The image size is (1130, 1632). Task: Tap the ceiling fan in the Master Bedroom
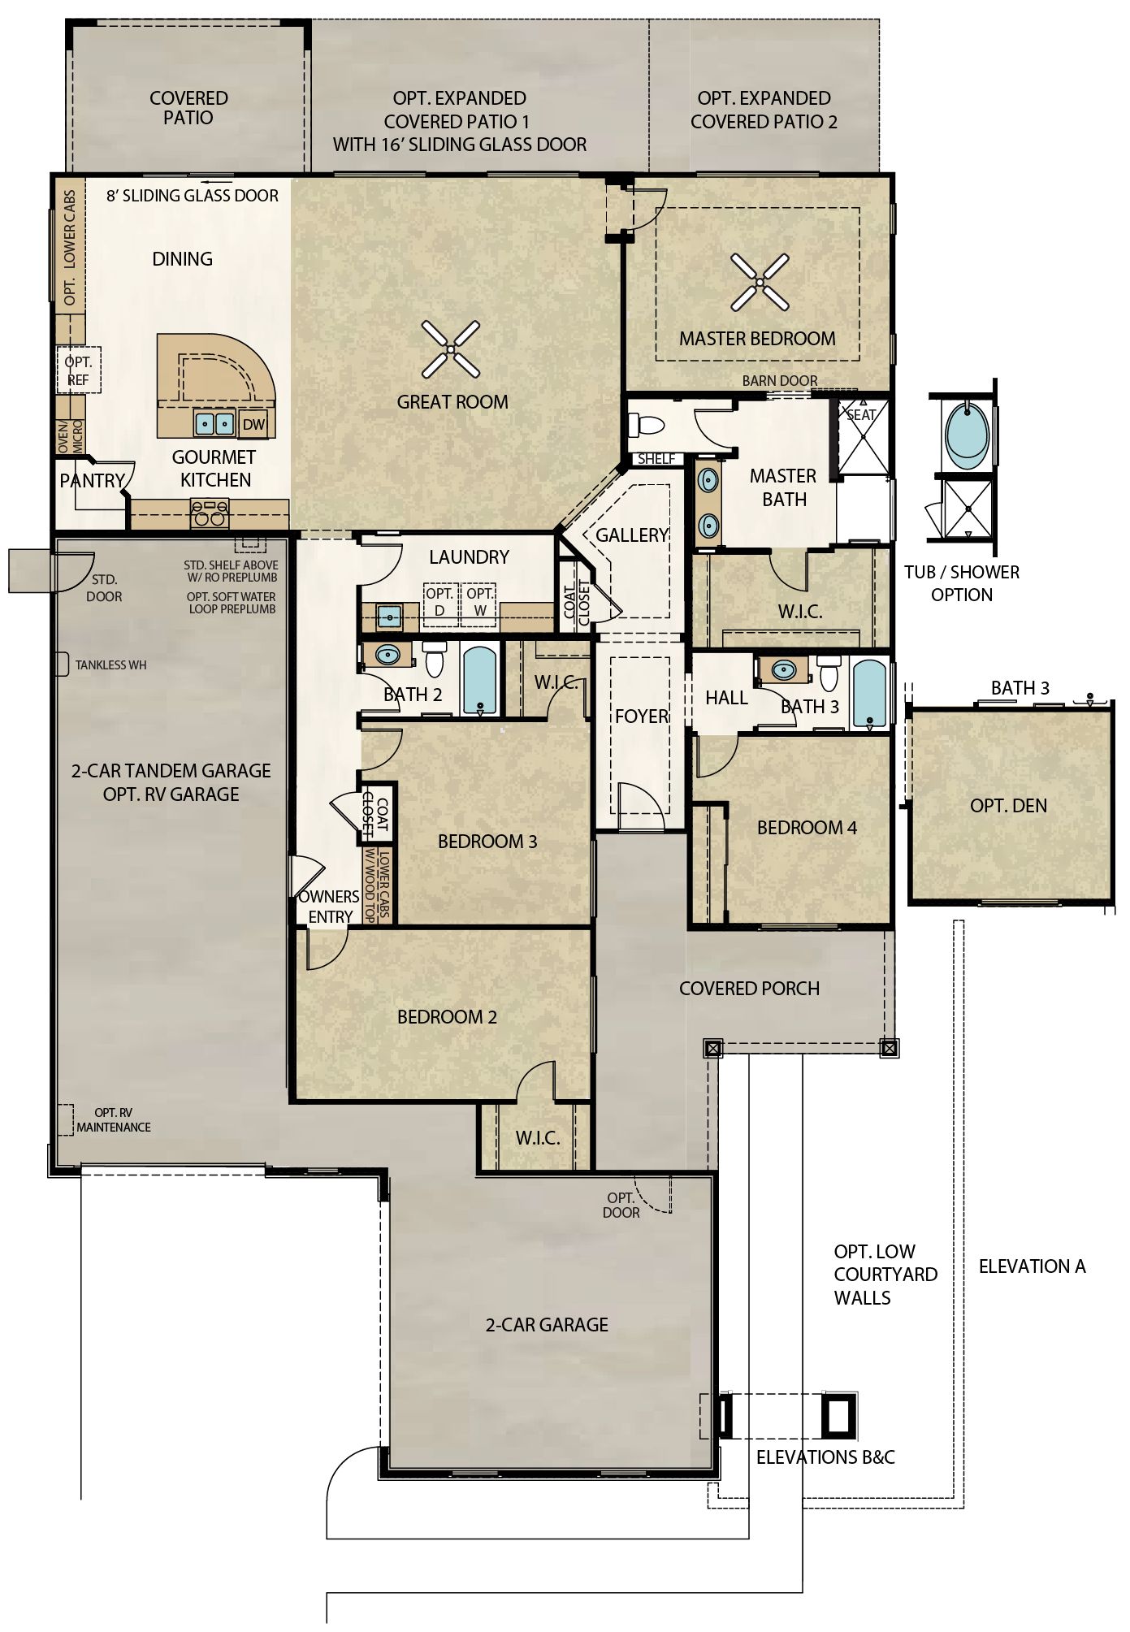[760, 283]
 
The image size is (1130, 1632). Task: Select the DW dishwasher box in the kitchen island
[254, 424]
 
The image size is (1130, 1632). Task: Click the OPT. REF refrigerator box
[79, 370]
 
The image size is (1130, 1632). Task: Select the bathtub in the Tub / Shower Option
[968, 434]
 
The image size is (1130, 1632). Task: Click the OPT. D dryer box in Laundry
[440, 605]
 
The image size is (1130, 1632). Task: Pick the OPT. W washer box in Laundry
[480, 605]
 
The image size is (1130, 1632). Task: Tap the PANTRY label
[92, 481]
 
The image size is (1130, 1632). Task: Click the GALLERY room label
[632, 535]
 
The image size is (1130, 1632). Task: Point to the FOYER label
[642, 716]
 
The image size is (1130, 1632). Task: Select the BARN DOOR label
[780, 381]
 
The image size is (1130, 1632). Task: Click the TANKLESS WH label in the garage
[111, 665]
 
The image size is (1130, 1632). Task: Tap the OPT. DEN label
[1009, 806]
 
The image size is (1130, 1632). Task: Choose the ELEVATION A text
[1032, 1266]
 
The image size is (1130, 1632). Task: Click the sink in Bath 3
[783, 670]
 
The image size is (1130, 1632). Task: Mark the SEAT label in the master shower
[861, 414]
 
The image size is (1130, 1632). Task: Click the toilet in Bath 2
[435, 659]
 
